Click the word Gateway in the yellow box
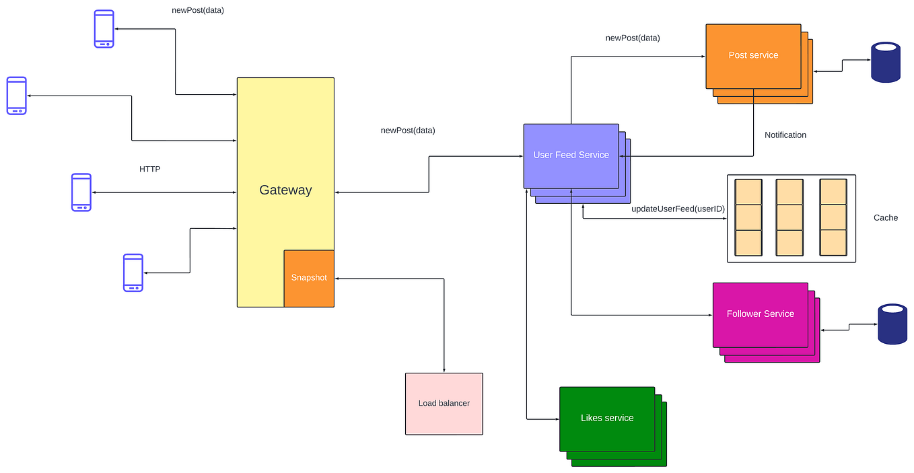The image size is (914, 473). pos(285,190)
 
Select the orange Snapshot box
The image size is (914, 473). pos(309,278)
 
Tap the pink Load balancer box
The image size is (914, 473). pos(444,404)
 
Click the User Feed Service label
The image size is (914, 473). pos(571,155)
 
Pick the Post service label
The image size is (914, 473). pos(753,55)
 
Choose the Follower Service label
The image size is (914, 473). pos(760,314)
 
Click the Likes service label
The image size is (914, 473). pos(607,418)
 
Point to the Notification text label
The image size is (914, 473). pos(785,135)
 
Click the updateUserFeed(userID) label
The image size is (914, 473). pos(678,209)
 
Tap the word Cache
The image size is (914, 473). pos(885,217)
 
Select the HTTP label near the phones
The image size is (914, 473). pos(149,169)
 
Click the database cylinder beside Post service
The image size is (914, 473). pos(885,62)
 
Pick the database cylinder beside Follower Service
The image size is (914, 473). pos(892,324)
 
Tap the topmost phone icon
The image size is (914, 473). pos(104,29)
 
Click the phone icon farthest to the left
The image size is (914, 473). pos(17,96)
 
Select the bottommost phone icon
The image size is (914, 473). pos(133,272)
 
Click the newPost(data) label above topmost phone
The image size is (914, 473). pos(198,10)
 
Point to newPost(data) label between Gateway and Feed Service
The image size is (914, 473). pos(408,131)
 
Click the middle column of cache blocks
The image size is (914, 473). pos(789,217)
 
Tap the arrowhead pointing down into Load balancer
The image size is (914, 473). pos(444,369)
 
